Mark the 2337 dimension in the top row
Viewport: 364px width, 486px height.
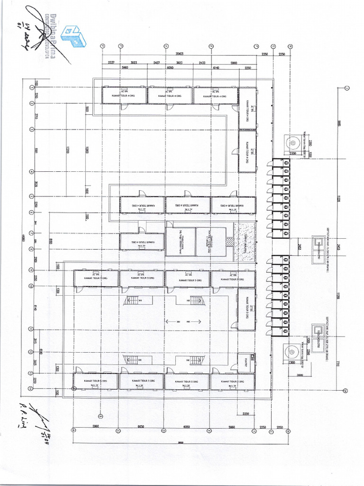pyautogui.click(x=111, y=63)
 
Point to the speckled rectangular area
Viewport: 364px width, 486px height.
pyautogui.click(x=245, y=242)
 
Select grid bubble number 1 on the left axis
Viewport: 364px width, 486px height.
pyautogui.click(x=32, y=87)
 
